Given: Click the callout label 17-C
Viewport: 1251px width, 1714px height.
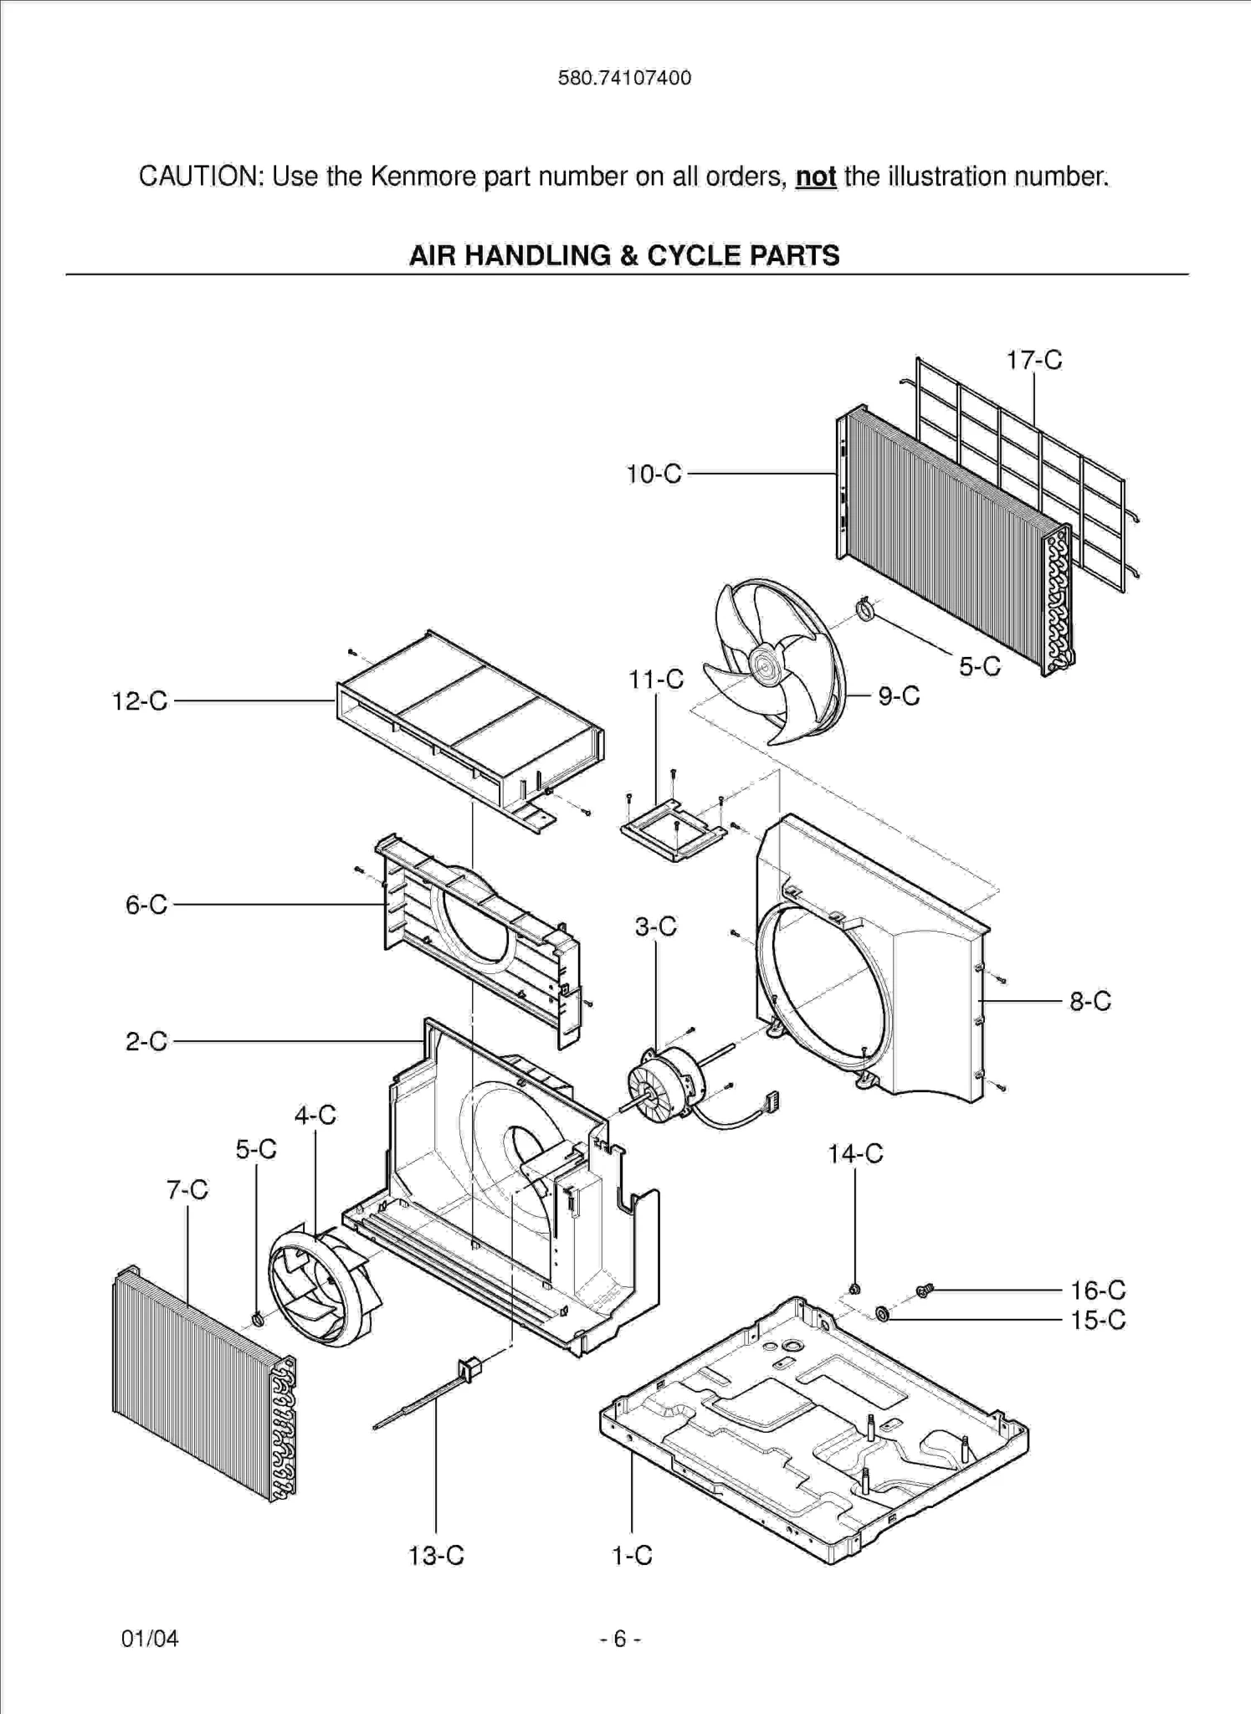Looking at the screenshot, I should point(1033,360).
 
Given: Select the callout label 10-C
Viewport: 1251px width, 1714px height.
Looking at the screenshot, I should point(654,474).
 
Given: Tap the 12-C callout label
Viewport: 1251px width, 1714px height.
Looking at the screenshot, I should point(140,701).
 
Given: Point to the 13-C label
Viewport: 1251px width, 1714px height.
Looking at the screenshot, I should point(435,1556).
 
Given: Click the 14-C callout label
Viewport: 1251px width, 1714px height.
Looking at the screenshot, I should point(855,1153).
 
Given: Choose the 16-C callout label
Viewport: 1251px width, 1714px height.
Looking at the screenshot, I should point(1098,1290).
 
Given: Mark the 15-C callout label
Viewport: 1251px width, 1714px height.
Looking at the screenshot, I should point(1098,1320).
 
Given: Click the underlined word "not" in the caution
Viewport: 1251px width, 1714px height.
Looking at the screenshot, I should point(815,177).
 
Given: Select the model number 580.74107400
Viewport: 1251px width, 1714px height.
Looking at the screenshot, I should point(624,78).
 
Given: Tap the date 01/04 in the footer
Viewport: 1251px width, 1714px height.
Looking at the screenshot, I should point(150,1638).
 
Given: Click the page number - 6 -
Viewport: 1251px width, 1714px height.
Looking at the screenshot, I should point(620,1638).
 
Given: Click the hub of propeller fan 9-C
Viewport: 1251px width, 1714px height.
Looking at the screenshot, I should point(763,665).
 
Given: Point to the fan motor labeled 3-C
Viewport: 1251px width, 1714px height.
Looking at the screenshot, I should point(661,1085).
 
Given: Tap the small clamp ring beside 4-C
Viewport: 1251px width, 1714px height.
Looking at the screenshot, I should point(258,1320).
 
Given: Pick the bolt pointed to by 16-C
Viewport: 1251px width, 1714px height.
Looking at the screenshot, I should point(925,1291).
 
